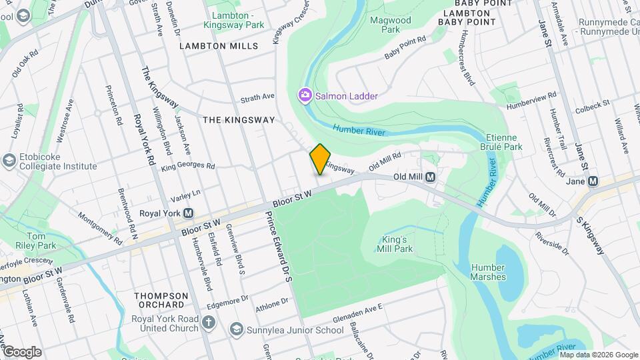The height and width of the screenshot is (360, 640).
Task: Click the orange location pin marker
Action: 320,159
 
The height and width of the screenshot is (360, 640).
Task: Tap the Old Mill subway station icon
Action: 431,177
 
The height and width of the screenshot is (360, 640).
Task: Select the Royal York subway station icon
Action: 189,213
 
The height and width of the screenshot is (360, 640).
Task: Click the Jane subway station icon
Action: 593,181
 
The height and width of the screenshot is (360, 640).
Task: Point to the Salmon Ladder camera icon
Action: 305,96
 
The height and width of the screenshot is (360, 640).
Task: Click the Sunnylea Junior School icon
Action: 235,329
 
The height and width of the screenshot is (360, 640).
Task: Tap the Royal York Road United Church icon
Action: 209,323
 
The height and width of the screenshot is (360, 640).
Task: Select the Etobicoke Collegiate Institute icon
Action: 9,161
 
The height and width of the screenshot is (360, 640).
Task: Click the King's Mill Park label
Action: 397,244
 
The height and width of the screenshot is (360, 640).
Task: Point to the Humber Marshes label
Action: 488,272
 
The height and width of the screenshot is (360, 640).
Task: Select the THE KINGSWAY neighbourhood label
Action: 239,120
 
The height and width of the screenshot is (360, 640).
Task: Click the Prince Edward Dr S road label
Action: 278,245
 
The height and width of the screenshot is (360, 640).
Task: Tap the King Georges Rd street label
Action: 187,165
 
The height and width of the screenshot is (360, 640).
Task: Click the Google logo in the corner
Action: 22,352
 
